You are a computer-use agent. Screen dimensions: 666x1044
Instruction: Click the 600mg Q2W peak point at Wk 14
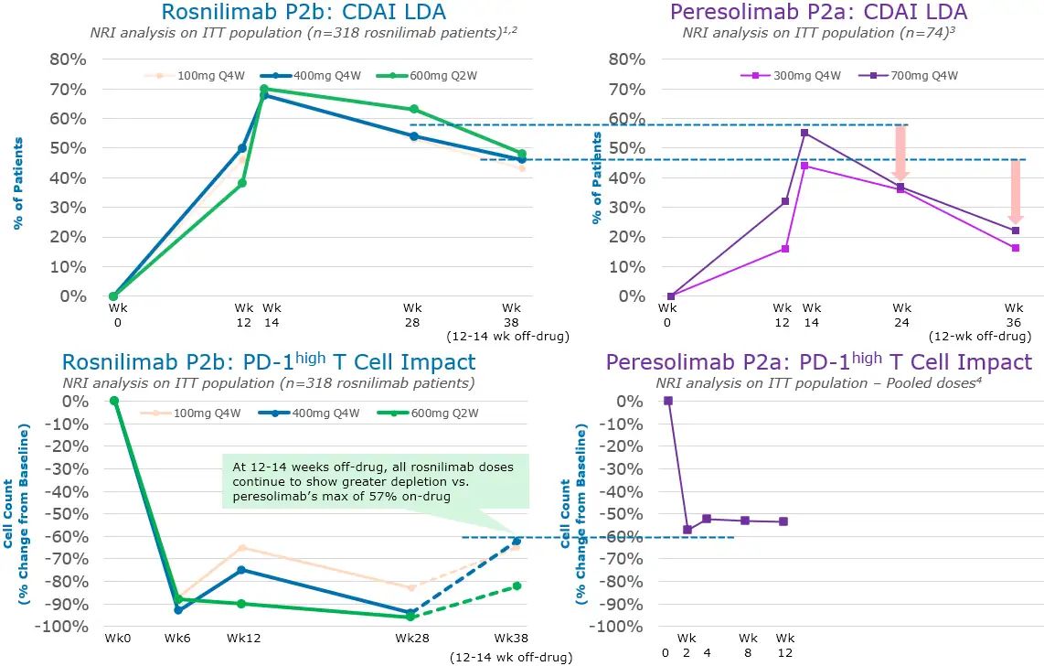tap(263, 89)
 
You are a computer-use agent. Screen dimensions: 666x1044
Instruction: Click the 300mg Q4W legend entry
tap(793, 76)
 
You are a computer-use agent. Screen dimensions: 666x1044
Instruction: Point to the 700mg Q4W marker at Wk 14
tap(804, 133)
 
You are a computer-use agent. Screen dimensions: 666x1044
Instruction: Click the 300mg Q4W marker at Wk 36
tap(1015, 248)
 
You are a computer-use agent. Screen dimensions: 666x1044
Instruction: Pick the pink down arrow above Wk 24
tap(900, 151)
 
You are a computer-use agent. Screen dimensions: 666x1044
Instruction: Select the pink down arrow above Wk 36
tap(1015, 190)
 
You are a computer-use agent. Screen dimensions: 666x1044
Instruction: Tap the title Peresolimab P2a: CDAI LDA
tap(818, 13)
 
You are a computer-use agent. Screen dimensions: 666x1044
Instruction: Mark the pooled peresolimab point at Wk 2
tap(687, 530)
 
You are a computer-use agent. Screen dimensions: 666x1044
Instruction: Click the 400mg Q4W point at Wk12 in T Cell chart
tap(242, 570)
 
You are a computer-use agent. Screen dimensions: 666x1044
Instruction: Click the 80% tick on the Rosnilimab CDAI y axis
tap(67, 59)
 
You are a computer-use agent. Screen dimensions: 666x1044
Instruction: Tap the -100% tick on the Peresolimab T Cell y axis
tap(619, 627)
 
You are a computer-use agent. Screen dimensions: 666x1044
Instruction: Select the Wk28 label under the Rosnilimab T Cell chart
tap(410, 639)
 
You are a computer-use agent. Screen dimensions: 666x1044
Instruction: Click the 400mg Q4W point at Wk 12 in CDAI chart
tap(242, 148)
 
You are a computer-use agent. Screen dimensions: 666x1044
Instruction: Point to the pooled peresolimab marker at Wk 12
tap(783, 521)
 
